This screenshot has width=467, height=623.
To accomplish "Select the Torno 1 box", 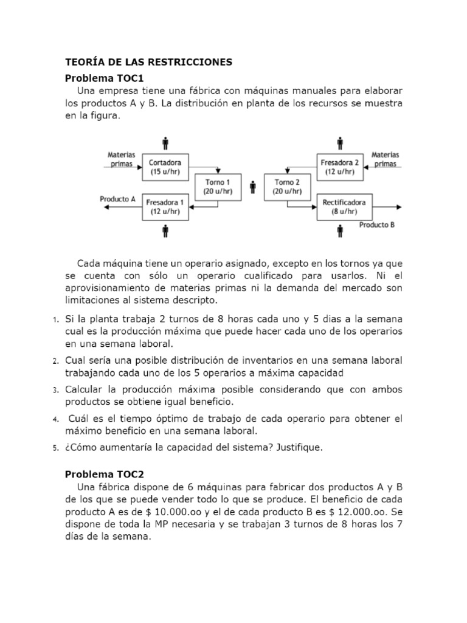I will click(218, 186).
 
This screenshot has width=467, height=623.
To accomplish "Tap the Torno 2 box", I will click(287, 186).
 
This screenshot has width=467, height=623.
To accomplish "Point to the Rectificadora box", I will click(340, 206).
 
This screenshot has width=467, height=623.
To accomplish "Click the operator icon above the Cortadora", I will click(165, 144).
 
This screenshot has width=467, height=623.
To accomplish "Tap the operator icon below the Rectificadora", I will click(340, 231).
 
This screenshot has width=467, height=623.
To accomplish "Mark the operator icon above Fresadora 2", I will click(340, 144).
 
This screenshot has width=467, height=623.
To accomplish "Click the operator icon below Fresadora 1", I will click(165, 231).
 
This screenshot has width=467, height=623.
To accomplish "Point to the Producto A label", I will click(117, 198).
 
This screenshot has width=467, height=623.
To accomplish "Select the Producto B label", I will click(376, 224).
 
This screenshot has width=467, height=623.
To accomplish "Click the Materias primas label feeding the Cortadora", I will click(122, 159).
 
